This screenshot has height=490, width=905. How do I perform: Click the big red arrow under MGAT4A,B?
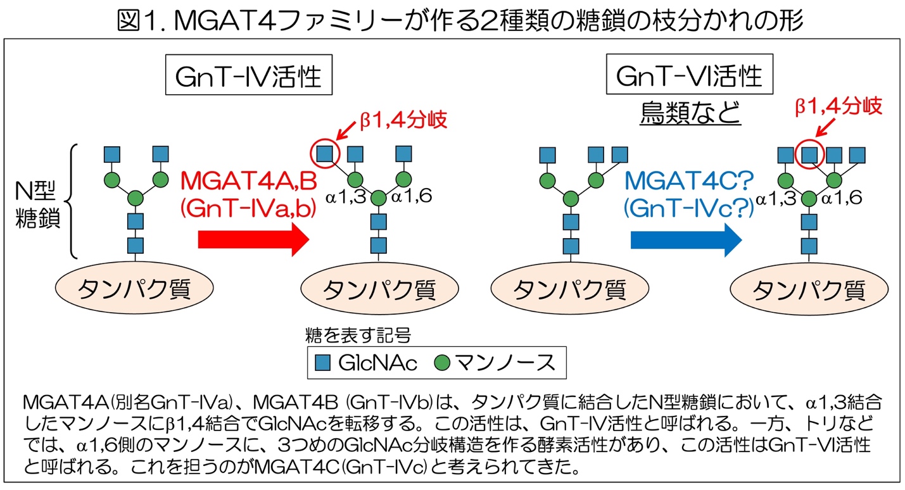253,240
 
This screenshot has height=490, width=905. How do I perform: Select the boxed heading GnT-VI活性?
690,77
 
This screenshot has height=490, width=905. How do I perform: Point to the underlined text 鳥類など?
690,113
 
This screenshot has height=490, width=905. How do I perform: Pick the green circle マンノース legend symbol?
443,363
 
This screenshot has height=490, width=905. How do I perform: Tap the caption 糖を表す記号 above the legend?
359,334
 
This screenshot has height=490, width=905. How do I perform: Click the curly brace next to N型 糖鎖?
73,201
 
